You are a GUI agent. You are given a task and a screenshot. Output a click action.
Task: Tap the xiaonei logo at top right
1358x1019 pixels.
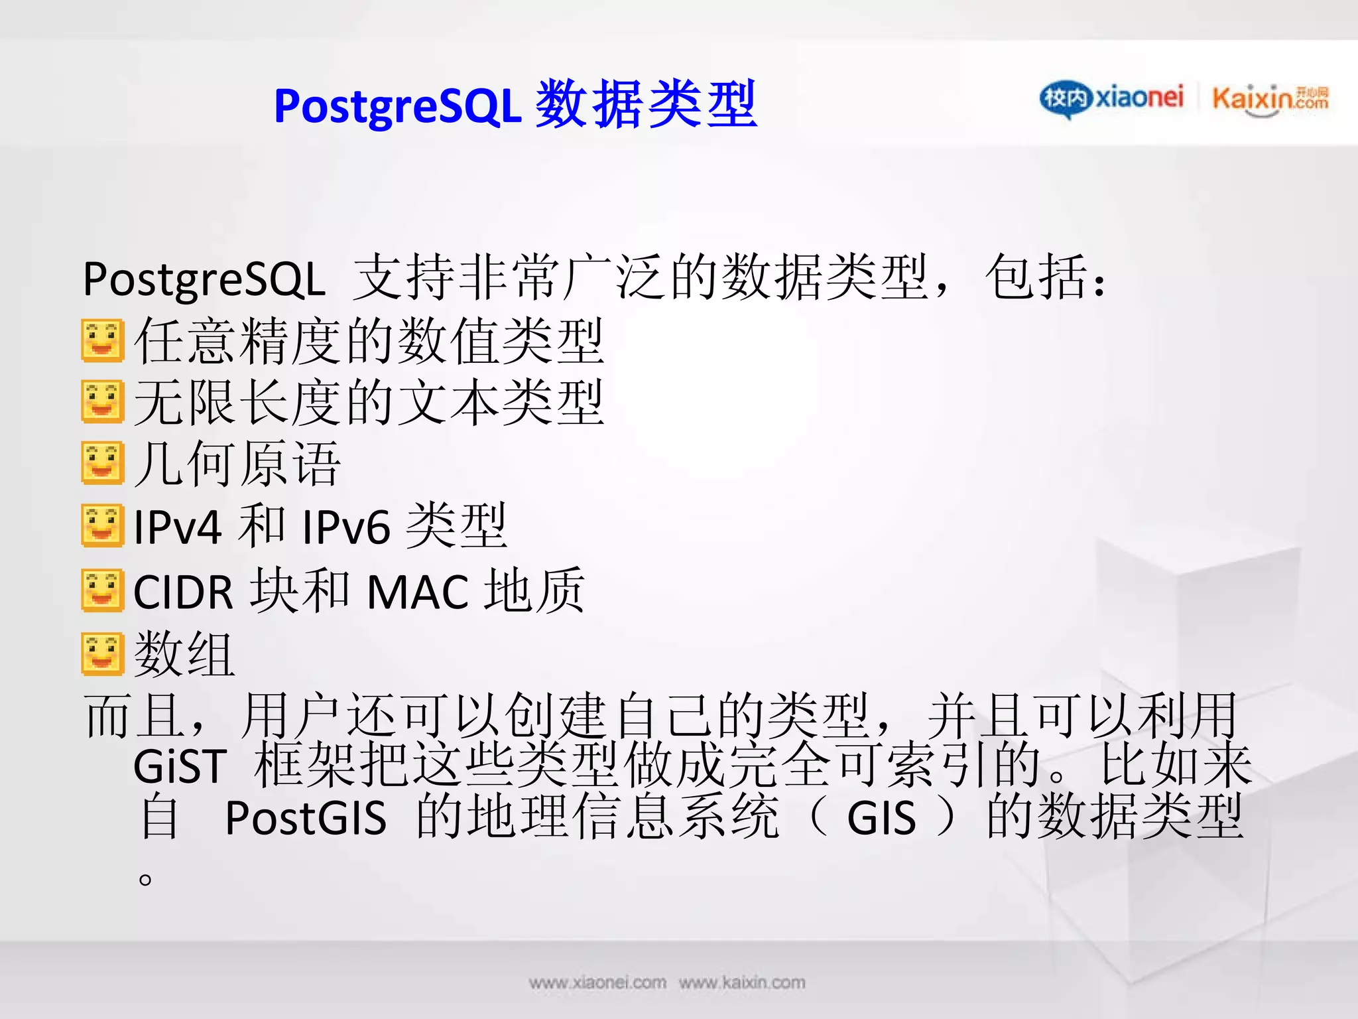[1112, 99]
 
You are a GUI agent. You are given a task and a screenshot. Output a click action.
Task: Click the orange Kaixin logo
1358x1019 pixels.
[1270, 100]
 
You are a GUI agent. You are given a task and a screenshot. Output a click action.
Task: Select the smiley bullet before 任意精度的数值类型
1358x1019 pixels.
[102, 341]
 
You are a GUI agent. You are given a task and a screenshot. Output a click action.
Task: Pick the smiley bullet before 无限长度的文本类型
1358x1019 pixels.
[102, 401]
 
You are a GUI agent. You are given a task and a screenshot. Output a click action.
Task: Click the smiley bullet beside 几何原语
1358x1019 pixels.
[102, 462]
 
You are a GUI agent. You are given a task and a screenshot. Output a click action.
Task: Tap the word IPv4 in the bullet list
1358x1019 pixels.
[177, 527]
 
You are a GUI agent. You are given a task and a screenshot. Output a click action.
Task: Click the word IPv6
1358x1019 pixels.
[345, 527]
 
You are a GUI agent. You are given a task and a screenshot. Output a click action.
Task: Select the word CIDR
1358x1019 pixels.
[183, 592]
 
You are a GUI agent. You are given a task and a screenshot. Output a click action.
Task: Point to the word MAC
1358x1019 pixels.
[418, 592]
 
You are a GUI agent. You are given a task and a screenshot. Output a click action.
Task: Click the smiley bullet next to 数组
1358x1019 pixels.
[102, 654]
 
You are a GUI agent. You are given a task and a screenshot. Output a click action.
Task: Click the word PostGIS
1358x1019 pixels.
[306, 818]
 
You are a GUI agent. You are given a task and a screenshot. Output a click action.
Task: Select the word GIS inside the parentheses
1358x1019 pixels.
[881, 818]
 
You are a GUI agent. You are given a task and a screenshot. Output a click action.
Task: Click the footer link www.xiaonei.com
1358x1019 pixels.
[597, 983]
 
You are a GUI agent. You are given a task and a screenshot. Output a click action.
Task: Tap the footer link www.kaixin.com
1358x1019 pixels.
[742, 983]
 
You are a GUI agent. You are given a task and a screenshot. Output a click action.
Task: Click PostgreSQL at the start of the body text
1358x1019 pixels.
[204, 279]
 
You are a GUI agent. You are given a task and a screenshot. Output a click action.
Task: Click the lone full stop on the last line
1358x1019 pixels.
[145, 880]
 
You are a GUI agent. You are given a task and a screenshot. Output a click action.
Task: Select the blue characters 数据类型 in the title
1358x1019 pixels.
[646, 104]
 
